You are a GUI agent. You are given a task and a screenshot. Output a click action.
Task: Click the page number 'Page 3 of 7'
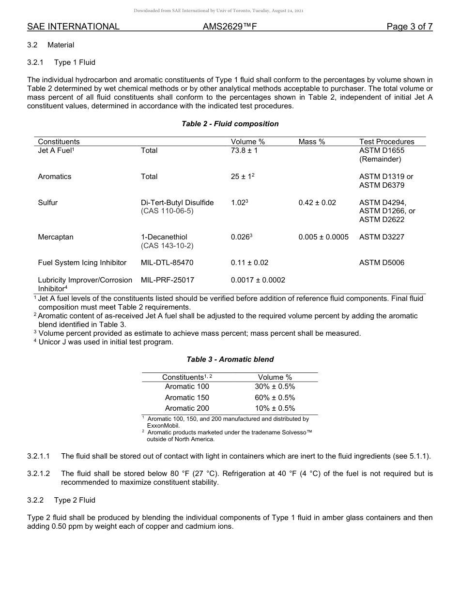click(x=409, y=27)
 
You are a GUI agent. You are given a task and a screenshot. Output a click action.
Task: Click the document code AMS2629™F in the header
click(x=230, y=27)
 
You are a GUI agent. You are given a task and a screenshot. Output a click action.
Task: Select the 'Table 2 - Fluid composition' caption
click(x=230, y=124)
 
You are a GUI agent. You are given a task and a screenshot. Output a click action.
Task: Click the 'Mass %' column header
click(x=311, y=142)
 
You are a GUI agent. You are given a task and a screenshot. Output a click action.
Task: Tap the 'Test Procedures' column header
click(x=386, y=142)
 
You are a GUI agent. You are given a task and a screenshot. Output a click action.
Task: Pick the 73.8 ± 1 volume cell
click(x=244, y=150)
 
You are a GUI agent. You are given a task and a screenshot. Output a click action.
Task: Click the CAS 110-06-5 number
click(x=167, y=211)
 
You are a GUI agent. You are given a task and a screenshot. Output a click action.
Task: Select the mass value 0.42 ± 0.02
click(x=317, y=203)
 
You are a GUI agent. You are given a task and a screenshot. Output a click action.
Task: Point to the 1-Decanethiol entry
click(x=164, y=237)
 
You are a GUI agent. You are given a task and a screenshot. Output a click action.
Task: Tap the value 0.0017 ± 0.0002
click(x=258, y=280)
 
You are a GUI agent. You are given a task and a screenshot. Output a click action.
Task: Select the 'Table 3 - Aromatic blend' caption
click(x=230, y=359)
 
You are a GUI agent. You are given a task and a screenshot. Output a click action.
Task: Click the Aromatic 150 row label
click(x=187, y=397)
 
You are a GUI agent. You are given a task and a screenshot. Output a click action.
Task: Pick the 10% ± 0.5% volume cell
click(x=275, y=408)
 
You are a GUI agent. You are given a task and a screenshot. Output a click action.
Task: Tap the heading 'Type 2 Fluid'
click(x=75, y=500)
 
